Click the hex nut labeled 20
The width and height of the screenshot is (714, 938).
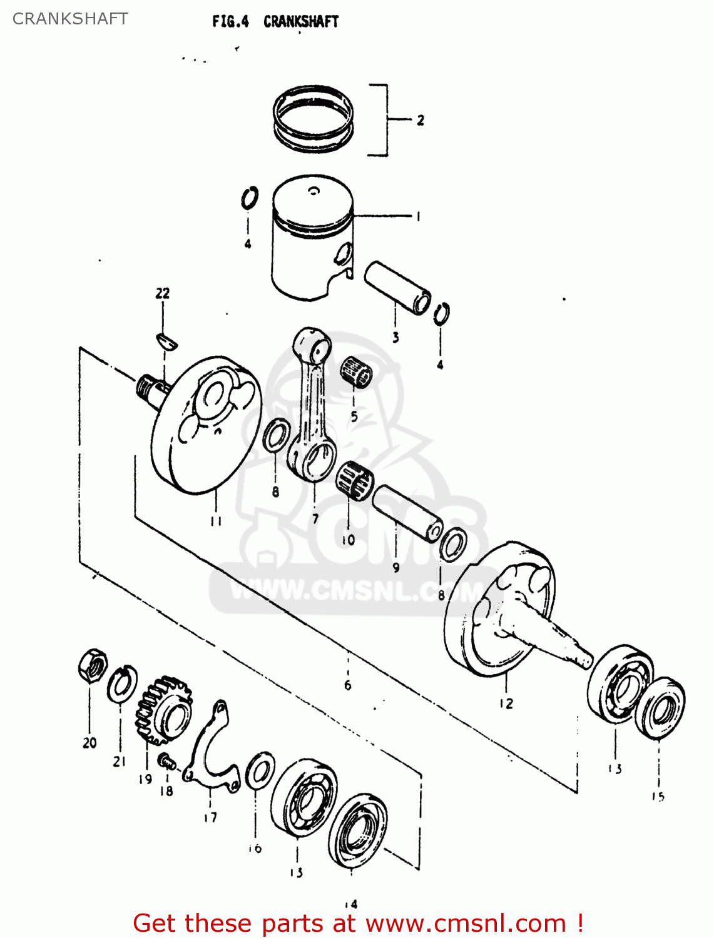click(92, 666)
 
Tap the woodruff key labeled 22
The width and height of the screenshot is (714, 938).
click(167, 341)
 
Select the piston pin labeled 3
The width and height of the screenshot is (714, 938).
click(397, 287)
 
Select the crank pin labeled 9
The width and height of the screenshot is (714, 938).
click(407, 513)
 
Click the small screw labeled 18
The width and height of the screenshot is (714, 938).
click(166, 761)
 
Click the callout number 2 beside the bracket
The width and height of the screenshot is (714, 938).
click(421, 120)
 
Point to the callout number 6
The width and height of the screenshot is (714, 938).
click(348, 685)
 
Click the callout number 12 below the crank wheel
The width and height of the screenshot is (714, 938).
click(506, 703)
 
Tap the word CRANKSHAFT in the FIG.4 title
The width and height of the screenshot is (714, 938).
click(300, 21)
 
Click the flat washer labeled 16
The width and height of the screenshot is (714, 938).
click(260, 771)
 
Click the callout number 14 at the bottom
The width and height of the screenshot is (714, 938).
click(350, 904)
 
